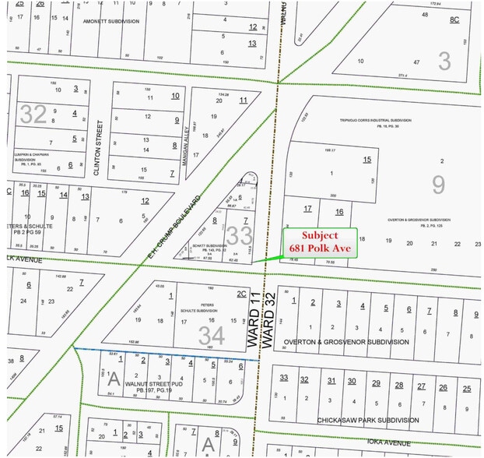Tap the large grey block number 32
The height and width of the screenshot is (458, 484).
point(33,114)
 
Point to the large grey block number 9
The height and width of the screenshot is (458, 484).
point(439,184)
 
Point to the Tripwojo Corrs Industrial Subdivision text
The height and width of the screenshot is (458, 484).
point(374,120)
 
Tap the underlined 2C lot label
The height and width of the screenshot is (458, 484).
point(241,294)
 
